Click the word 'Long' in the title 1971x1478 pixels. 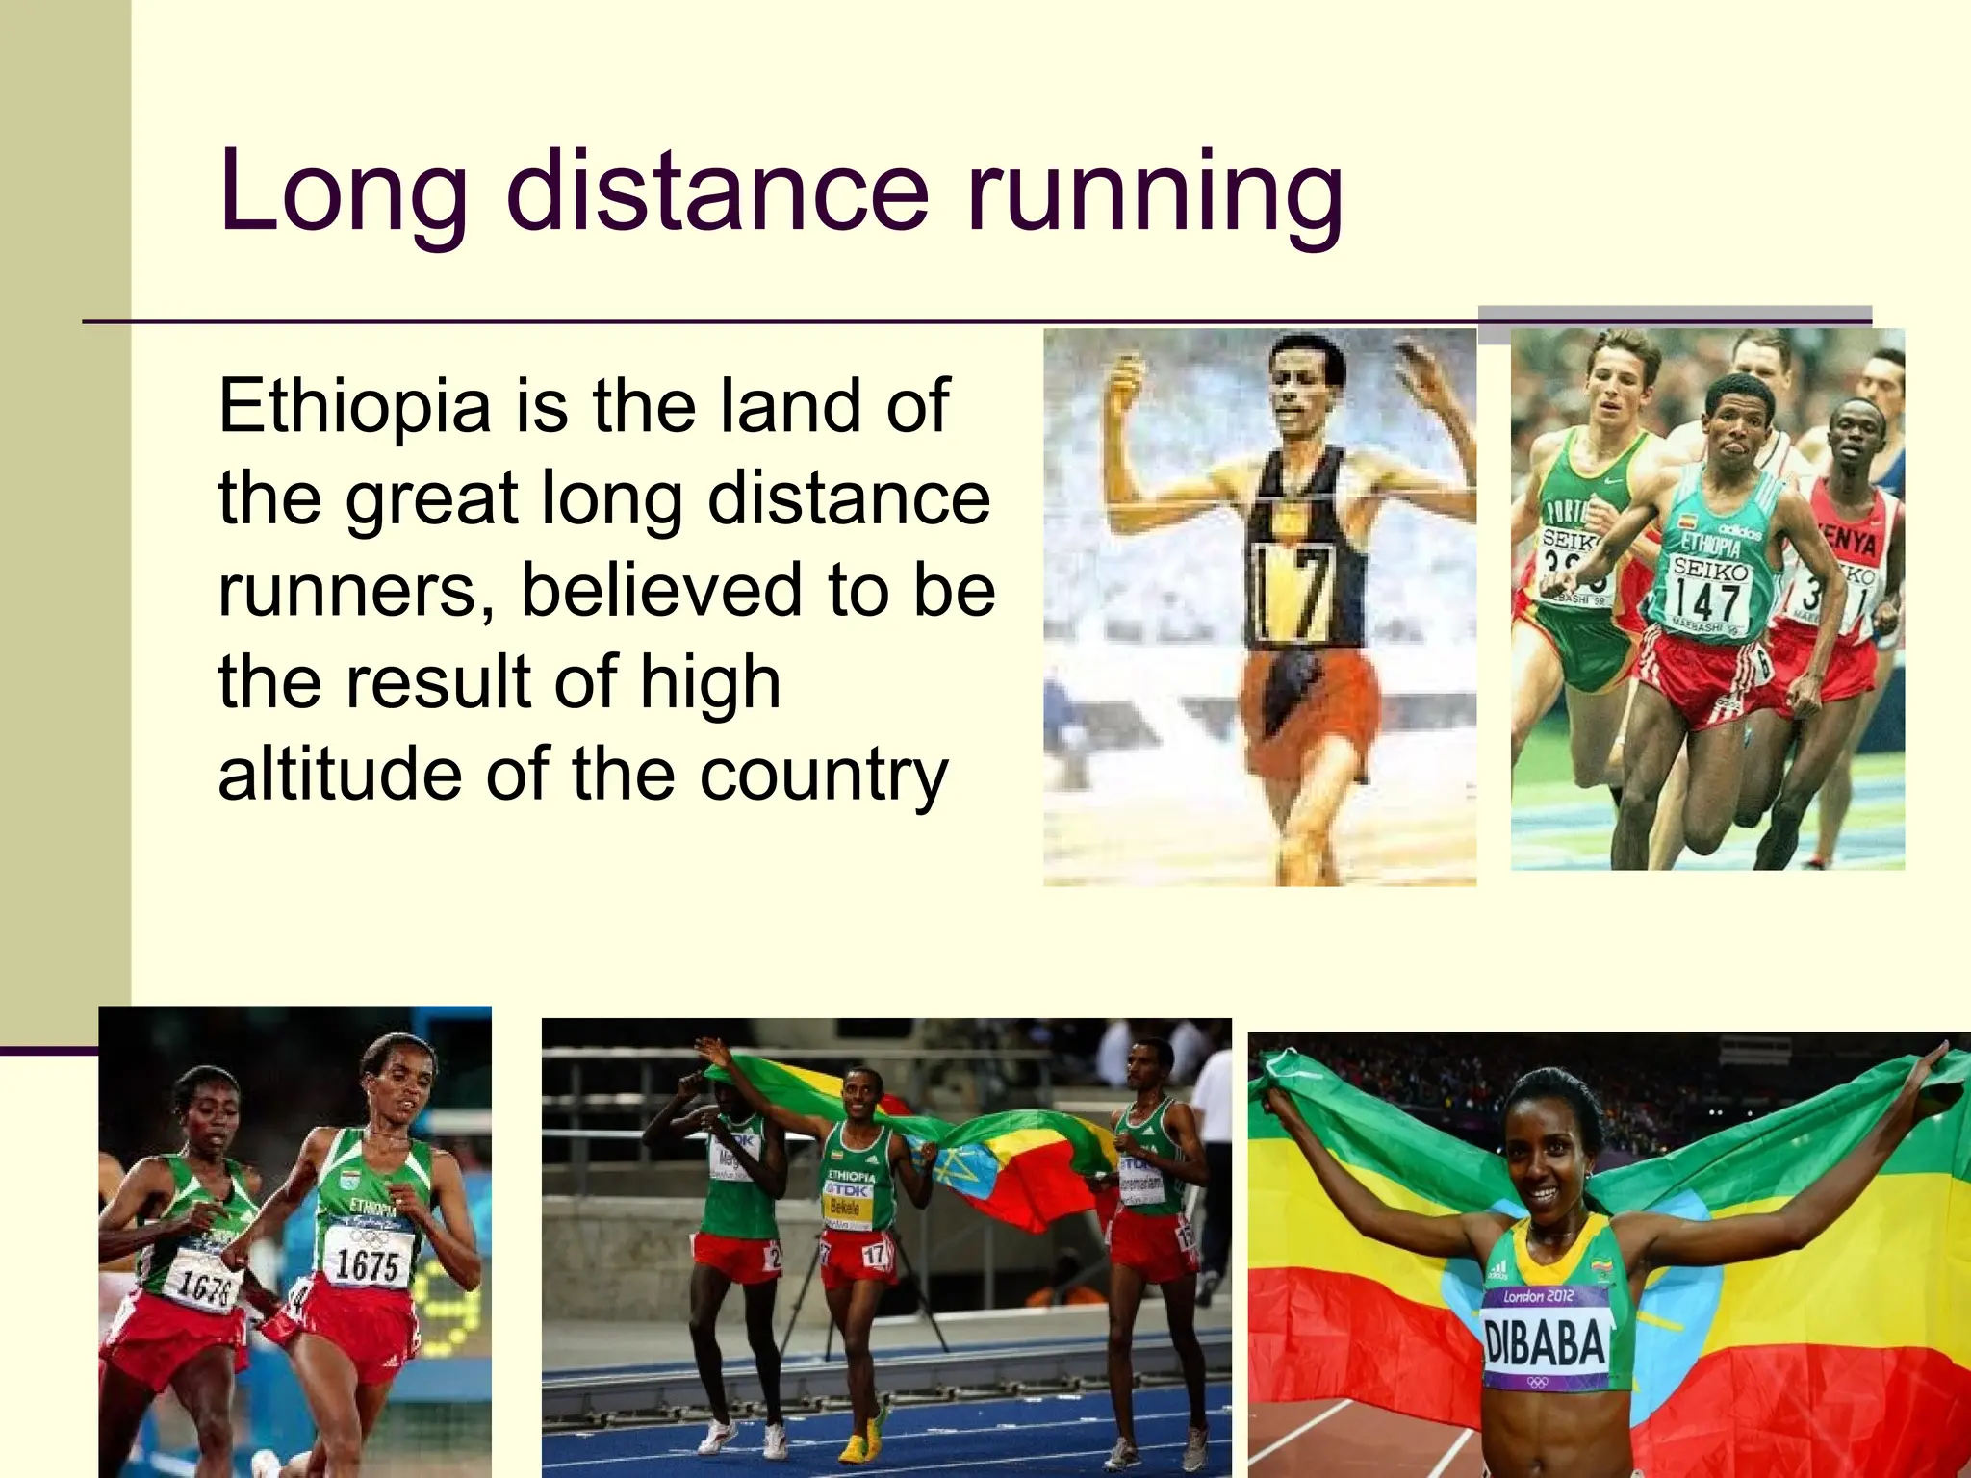(x=343, y=192)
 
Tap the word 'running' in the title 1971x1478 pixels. (x=1154, y=192)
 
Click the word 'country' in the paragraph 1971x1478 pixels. (x=824, y=776)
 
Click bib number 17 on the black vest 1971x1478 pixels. (x=1292, y=591)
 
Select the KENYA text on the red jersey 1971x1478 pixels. (x=1848, y=543)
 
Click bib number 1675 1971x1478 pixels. (x=367, y=1264)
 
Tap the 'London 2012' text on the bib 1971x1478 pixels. (x=1539, y=1296)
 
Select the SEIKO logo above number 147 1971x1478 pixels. (x=1710, y=571)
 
